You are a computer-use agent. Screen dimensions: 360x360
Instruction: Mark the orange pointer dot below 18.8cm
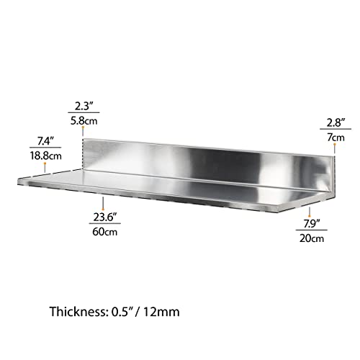coord(45,166)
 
